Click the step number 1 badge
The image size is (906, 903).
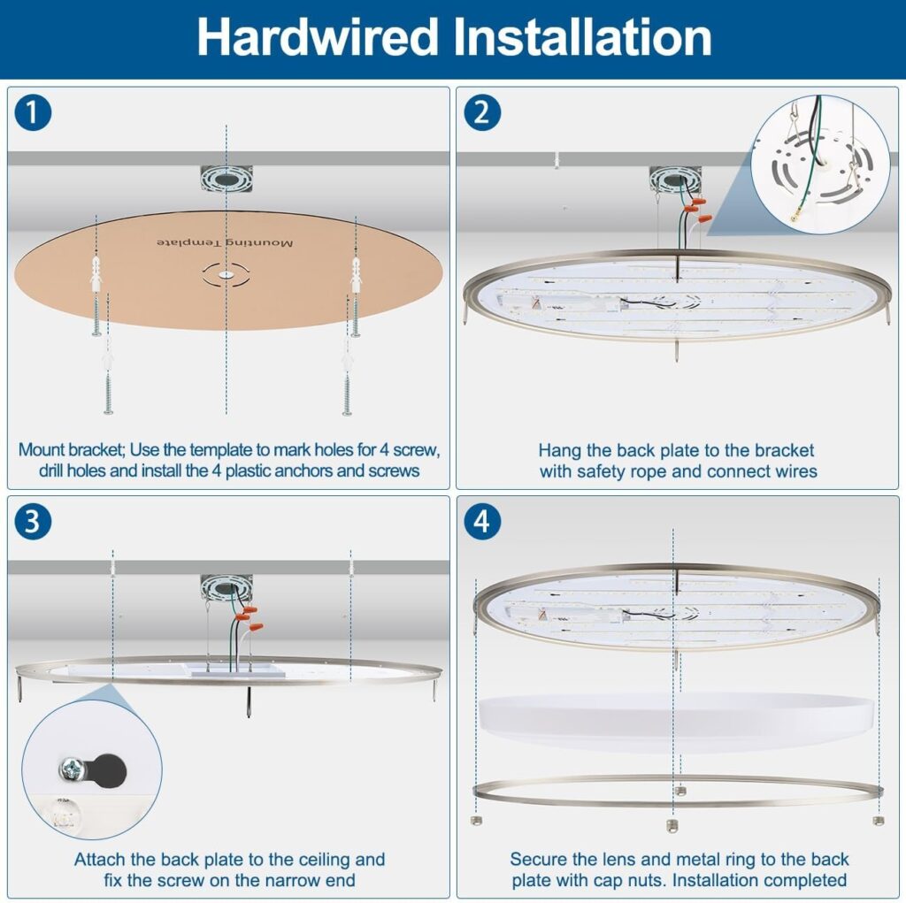tap(33, 112)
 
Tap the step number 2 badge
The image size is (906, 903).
tap(482, 112)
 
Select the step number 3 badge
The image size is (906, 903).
tap(33, 522)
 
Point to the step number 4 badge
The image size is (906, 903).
tap(482, 522)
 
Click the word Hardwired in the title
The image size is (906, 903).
tap(318, 37)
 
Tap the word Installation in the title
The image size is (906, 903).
tap(582, 37)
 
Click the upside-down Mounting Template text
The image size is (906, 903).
tap(225, 242)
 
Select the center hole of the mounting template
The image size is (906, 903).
tap(226, 275)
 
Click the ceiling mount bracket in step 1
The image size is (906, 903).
tap(226, 179)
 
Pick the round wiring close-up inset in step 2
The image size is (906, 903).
tap(820, 165)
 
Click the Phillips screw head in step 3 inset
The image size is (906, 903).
tap(73, 769)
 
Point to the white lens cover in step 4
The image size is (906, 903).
tap(676, 723)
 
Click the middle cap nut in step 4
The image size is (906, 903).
tap(672, 825)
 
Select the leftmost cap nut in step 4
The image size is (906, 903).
tap(476, 821)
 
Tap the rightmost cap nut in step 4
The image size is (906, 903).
tap(879, 821)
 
